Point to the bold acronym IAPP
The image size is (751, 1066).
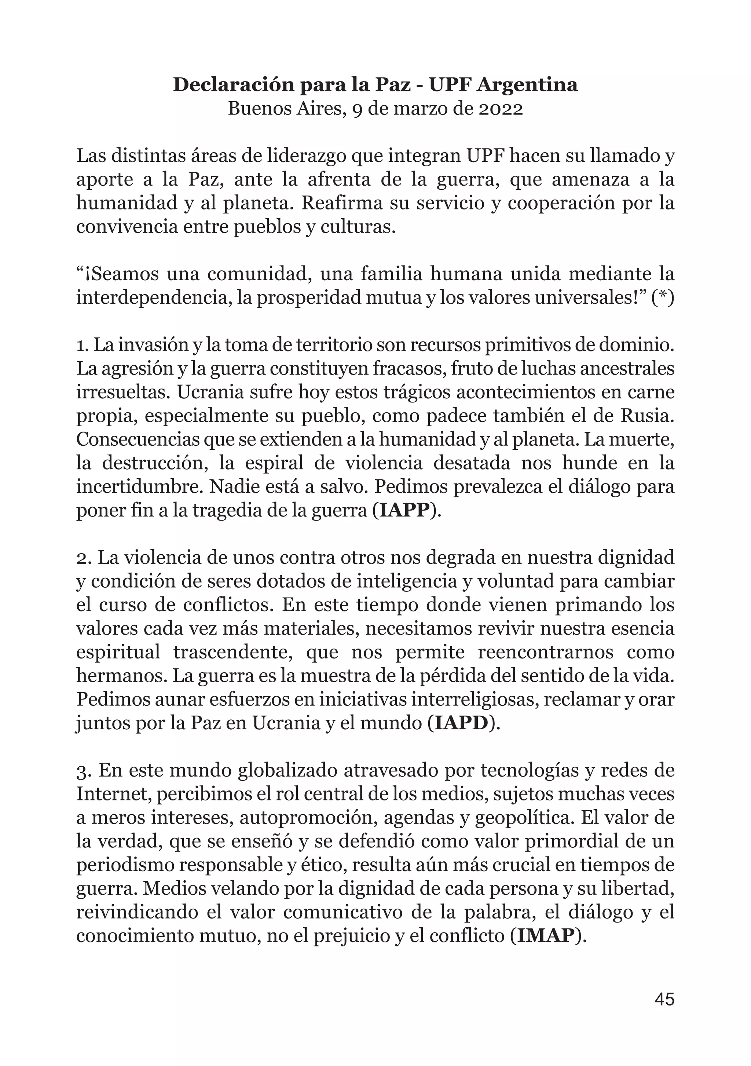[x=404, y=511]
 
